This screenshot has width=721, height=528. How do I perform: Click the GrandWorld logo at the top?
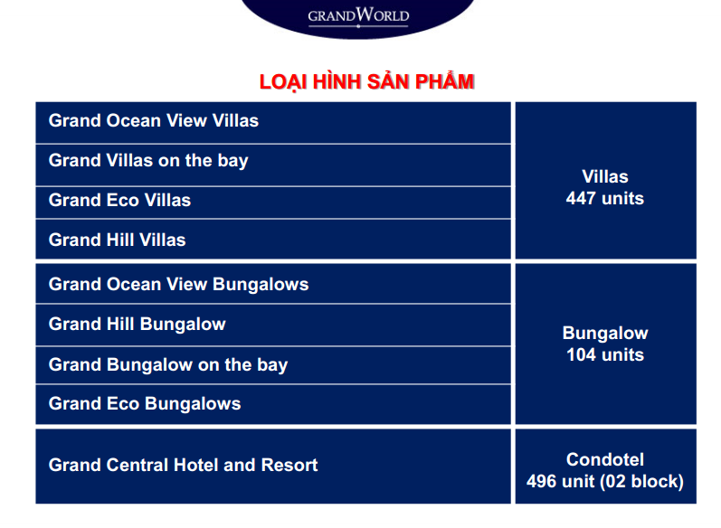(x=358, y=16)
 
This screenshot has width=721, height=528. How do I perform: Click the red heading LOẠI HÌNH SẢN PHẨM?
(x=366, y=81)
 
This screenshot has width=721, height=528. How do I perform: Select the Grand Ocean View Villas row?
(x=273, y=122)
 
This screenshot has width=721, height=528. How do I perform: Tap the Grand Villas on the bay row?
(x=273, y=165)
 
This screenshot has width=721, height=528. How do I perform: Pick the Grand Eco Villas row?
(x=273, y=203)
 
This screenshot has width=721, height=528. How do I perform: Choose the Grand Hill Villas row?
(x=273, y=240)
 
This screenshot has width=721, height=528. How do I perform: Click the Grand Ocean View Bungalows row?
(x=273, y=284)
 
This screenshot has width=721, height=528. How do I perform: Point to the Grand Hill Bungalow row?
(x=273, y=325)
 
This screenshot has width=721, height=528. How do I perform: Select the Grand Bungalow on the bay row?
(x=273, y=365)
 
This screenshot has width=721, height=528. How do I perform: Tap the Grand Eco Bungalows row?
(x=273, y=404)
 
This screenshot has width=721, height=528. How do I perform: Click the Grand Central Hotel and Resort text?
(x=183, y=465)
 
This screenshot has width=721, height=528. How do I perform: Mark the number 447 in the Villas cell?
(x=581, y=199)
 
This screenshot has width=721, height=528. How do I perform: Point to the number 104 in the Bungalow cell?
(x=581, y=354)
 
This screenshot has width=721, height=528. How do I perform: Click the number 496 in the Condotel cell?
(x=541, y=482)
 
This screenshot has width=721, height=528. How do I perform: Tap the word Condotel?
(x=605, y=459)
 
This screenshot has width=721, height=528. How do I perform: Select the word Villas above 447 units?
(x=605, y=176)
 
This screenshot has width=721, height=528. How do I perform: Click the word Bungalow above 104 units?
(x=605, y=333)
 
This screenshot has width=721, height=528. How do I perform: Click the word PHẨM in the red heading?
(x=445, y=81)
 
